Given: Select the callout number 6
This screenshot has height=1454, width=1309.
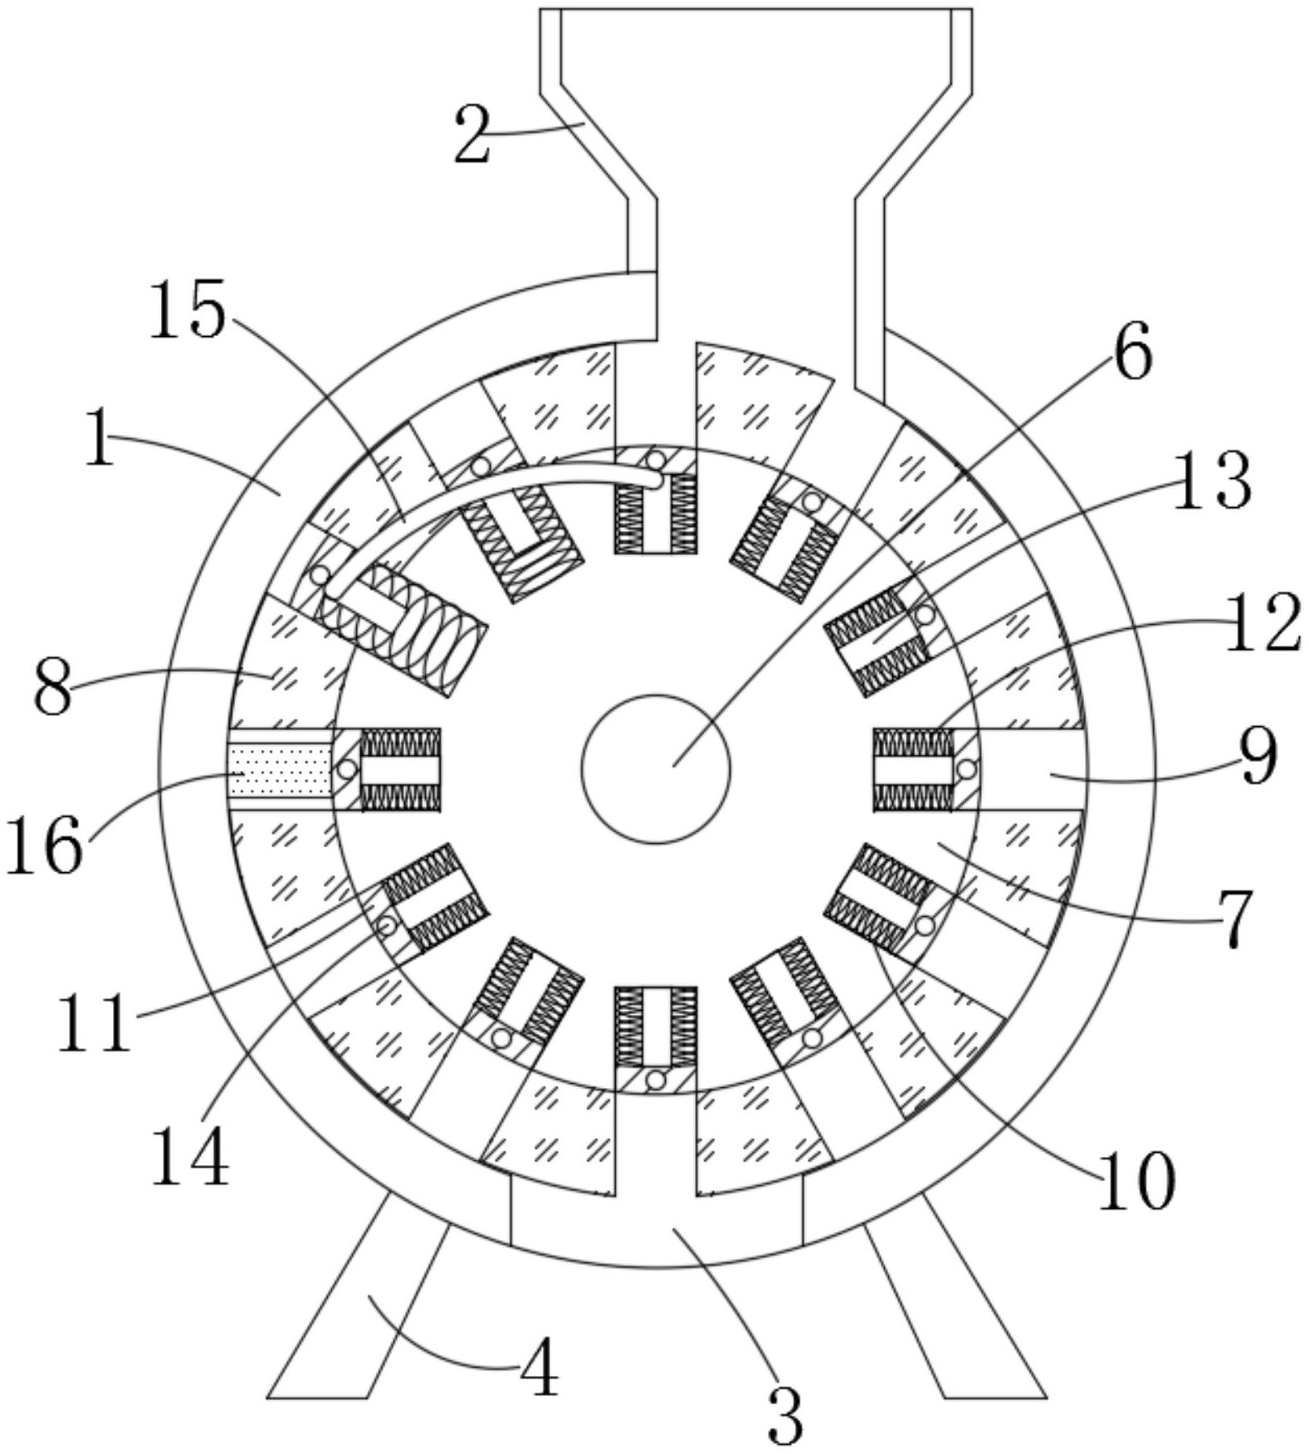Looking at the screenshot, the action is click(x=1132, y=351).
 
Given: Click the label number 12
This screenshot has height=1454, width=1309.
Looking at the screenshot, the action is click(x=1262, y=622).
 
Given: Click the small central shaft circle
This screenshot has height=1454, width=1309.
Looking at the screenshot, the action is click(x=656, y=768).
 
